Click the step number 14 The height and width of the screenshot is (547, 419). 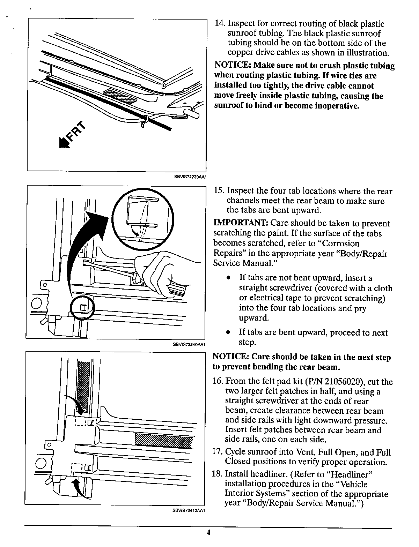pyautogui.click(x=220, y=24)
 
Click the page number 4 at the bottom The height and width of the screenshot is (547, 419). pyautogui.click(x=208, y=532)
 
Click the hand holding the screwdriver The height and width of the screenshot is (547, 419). pyautogui.click(x=161, y=272)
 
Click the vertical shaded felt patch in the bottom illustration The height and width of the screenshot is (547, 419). pyautogui.click(x=84, y=387)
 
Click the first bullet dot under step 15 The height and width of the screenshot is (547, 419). pyautogui.click(x=228, y=278)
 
